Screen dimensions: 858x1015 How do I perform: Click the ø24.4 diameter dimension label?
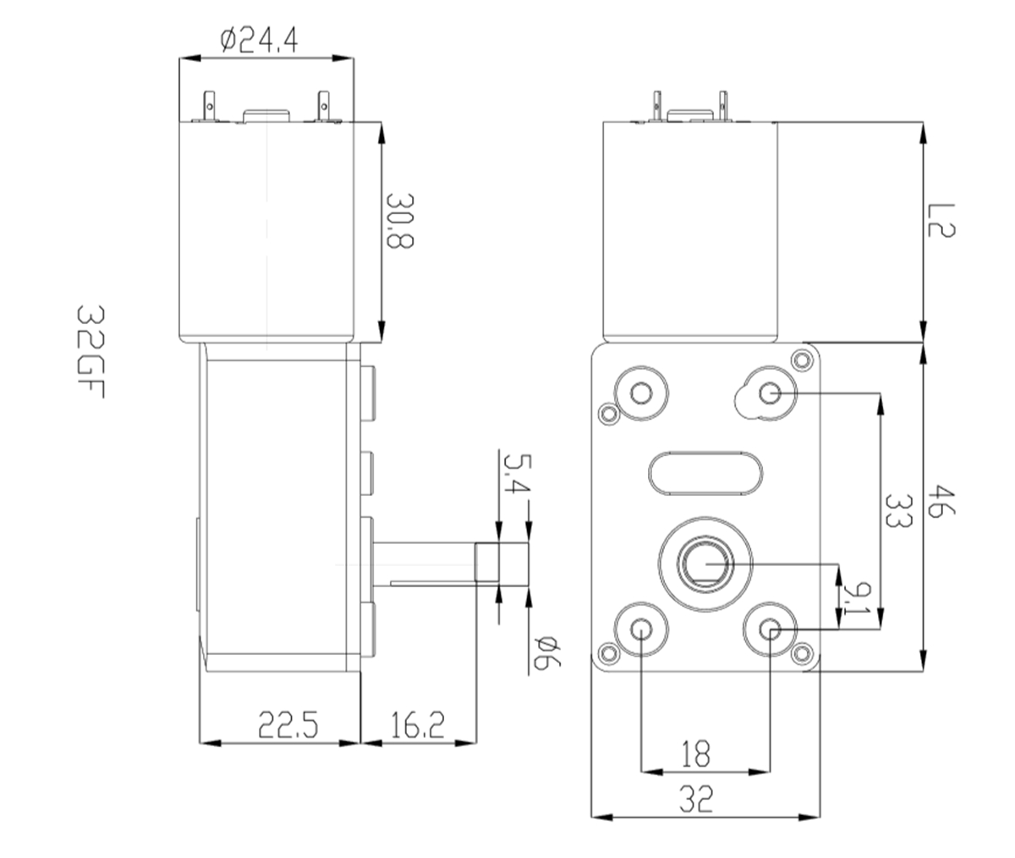click(x=258, y=40)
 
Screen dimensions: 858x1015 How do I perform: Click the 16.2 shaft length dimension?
click(x=417, y=726)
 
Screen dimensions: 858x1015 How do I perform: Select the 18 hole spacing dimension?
click(x=696, y=753)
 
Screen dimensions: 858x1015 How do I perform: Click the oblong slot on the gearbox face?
click(x=707, y=471)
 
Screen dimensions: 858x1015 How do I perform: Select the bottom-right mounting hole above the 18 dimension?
click(x=770, y=629)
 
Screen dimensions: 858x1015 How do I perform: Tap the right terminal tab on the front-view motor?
click(x=724, y=106)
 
